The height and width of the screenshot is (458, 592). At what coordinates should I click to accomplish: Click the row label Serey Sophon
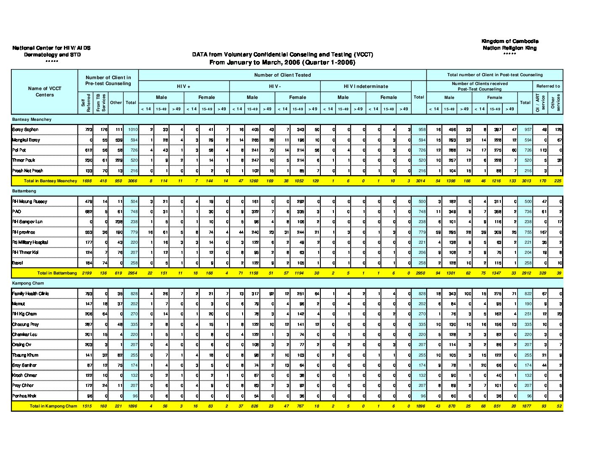click(x=25, y=130)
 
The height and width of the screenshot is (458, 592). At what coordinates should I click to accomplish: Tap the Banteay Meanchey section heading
click(x=32, y=120)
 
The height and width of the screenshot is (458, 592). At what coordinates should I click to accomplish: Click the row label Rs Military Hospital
click(x=30, y=242)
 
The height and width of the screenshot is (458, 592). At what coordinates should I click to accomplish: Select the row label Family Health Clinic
click(x=30, y=294)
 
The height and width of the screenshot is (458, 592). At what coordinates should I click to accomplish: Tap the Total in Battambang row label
click(x=57, y=273)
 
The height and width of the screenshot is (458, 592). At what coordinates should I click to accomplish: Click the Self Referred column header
click(x=85, y=104)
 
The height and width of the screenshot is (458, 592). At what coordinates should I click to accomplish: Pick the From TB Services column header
click(x=101, y=103)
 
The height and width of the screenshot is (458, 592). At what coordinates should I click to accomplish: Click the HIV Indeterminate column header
click(x=366, y=86)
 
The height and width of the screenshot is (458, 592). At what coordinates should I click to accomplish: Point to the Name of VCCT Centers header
click(x=45, y=92)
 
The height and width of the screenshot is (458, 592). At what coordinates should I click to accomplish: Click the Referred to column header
click(x=548, y=86)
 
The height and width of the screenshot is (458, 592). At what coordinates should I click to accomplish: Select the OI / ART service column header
click(x=540, y=103)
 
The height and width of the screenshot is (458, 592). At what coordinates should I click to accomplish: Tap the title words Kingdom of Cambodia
click(x=510, y=41)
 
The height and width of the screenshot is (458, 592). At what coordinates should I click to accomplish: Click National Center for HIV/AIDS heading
click(x=51, y=48)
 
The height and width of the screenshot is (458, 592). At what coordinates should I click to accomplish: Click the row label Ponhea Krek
click(x=24, y=396)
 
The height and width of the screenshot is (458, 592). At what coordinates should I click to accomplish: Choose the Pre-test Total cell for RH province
click(x=132, y=232)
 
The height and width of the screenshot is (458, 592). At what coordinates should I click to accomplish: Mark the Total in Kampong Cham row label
click(x=53, y=406)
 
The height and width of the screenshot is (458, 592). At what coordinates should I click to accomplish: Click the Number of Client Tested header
click(x=282, y=75)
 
